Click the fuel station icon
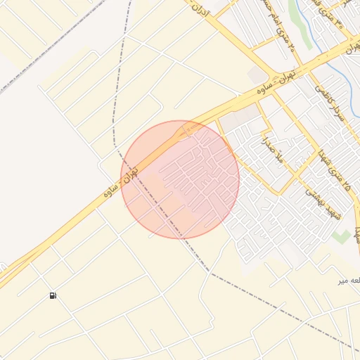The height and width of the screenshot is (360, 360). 53,296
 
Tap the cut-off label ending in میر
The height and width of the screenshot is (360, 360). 349,281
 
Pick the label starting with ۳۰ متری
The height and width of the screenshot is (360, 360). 338,20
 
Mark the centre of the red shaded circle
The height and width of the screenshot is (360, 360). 180,179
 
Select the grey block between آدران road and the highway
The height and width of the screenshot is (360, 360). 257,75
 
